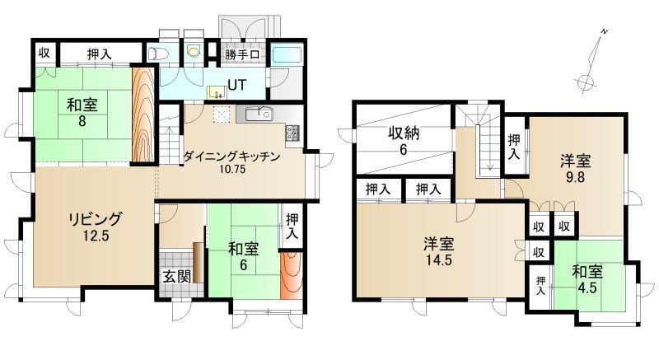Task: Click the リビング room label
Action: [96, 219]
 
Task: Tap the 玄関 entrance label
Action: [176, 276]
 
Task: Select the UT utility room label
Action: [236, 86]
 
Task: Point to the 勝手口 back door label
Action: [242, 54]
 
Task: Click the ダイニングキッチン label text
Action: [232, 157]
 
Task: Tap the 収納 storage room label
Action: [403, 133]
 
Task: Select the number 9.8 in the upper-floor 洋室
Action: [575, 177]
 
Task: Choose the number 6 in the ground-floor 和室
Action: [243, 265]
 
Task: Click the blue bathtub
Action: [287, 56]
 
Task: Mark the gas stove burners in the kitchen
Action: [293, 133]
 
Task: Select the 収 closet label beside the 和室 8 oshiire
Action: [44, 53]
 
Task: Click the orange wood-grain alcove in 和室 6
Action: [291, 276]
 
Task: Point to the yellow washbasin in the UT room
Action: [216, 92]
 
